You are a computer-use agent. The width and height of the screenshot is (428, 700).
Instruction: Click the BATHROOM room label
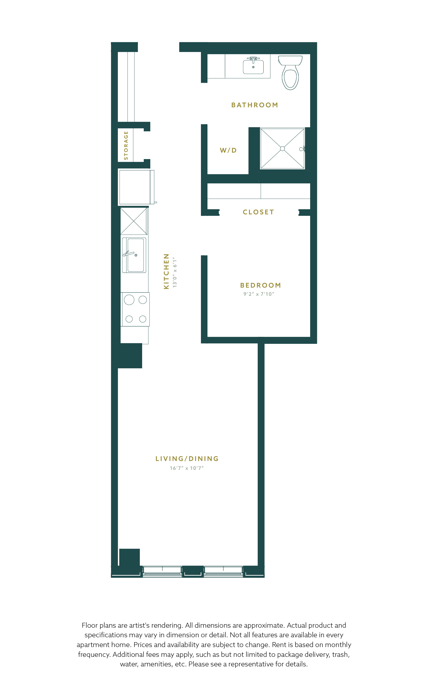pyautogui.click(x=255, y=105)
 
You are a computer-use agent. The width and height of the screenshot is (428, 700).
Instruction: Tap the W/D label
pyautogui.click(x=228, y=150)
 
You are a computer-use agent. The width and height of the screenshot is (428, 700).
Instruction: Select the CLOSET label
pyautogui.click(x=258, y=212)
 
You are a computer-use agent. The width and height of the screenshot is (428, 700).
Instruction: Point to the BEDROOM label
pyautogui.click(x=260, y=285)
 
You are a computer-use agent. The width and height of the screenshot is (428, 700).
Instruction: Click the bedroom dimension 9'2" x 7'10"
pyautogui.click(x=259, y=294)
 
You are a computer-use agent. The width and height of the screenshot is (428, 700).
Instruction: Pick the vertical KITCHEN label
pyautogui.click(x=166, y=271)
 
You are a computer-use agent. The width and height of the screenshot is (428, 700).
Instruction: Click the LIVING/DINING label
pyautogui.click(x=187, y=459)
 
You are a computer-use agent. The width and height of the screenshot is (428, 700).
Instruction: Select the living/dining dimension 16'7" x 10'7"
pyautogui.click(x=187, y=468)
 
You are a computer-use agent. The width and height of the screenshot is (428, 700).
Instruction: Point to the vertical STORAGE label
pyautogui.click(x=126, y=146)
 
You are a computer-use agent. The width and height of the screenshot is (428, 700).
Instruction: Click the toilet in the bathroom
pyautogui.click(x=290, y=73)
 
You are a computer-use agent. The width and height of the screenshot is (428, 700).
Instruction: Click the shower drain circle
pyautogui.click(x=282, y=149)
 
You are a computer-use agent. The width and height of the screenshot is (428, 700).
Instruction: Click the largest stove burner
pyautogui.click(x=129, y=300)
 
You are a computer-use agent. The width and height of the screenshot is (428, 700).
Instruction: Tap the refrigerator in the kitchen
pyautogui.click(x=137, y=187)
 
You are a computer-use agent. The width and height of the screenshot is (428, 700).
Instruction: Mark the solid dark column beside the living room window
pyautogui.click(x=129, y=557)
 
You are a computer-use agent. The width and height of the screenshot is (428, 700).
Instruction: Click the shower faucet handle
pyautogui.click(x=302, y=149)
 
